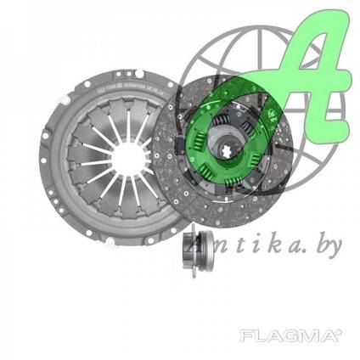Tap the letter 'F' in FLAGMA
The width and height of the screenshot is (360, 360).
(247, 336)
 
